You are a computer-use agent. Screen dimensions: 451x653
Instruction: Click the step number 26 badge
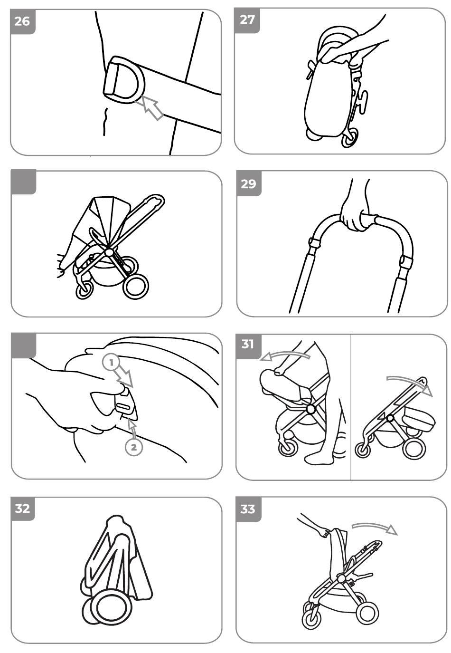coord(22,21)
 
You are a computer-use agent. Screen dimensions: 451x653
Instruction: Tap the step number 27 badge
coord(247,20)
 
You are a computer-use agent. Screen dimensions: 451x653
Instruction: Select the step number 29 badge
coord(248,183)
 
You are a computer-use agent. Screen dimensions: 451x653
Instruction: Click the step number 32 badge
coord(22,509)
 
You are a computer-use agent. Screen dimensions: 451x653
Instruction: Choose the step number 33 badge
coord(248,509)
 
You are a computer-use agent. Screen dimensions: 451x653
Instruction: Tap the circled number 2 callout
coord(134,447)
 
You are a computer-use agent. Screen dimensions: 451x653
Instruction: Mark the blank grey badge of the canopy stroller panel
coord(24,182)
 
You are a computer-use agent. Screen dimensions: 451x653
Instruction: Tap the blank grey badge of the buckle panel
coord(24,346)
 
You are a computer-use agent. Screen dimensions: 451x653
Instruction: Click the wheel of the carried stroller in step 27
coord(350,138)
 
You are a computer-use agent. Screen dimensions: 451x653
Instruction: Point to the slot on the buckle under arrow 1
coord(124,406)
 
